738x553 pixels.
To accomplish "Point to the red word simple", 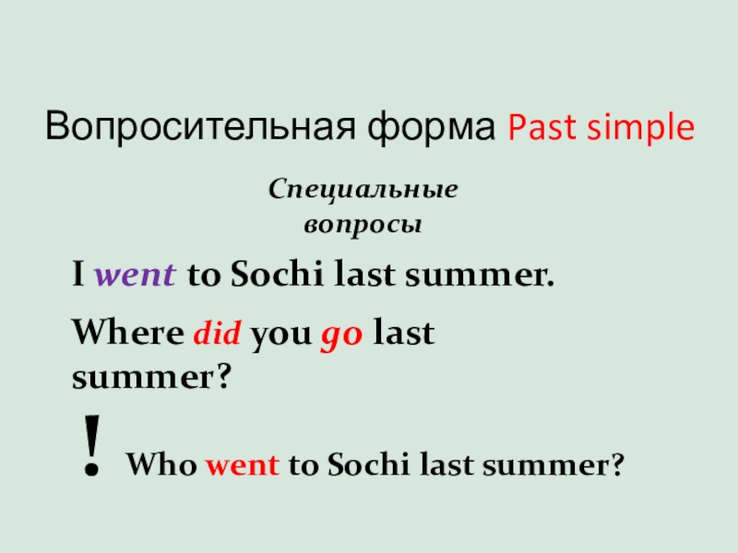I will pos(642,127).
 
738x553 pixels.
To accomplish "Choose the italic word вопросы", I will pos(363,224).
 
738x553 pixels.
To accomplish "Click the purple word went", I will pos(137,276).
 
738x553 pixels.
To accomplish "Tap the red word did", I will pos(217,333).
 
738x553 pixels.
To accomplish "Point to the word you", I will pos(280,335).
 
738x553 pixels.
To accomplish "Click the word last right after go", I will pos(403,333).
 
